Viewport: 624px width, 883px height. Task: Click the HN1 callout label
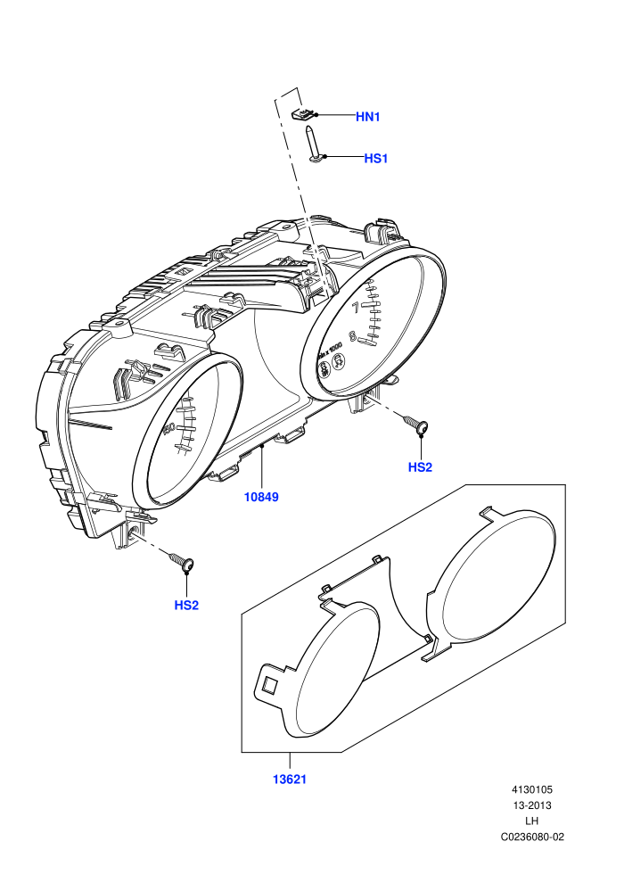click(x=368, y=117)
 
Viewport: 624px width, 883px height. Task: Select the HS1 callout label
click(x=376, y=158)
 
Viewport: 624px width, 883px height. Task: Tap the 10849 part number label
click(x=261, y=497)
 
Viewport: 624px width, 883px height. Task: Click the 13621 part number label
click(x=290, y=780)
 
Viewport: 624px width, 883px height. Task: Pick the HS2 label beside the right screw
click(x=420, y=466)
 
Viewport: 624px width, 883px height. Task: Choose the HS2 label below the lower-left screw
click(x=186, y=606)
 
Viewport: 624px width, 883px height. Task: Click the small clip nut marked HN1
click(x=303, y=114)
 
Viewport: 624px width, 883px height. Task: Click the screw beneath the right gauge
click(x=416, y=424)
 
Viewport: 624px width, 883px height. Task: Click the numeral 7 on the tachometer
click(x=355, y=308)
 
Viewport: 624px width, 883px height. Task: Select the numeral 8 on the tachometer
click(x=353, y=337)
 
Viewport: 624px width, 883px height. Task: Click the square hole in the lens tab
click(x=268, y=685)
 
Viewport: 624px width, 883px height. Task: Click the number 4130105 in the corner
click(x=532, y=789)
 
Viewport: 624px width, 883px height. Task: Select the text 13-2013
click(x=532, y=805)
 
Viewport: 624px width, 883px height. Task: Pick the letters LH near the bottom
click(x=532, y=821)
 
